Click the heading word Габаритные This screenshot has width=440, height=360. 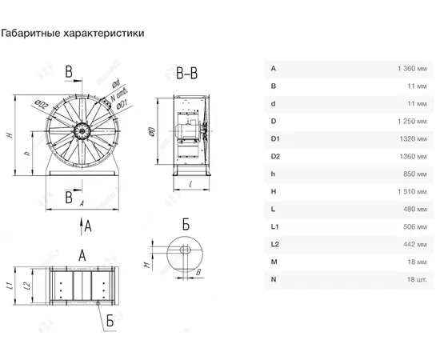point(30,33)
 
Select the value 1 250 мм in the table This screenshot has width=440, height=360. point(412,122)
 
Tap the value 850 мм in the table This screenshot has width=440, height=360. point(415,174)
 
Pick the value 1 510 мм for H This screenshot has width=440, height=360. point(412,192)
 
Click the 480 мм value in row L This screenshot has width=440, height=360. point(415,209)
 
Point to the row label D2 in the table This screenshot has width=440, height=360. point(275,156)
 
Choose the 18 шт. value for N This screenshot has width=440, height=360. point(417,279)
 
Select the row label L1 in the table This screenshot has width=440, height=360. point(274,226)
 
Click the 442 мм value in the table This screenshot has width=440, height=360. point(415,244)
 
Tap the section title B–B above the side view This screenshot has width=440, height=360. point(187,74)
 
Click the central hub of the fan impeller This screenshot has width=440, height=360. point(82,130)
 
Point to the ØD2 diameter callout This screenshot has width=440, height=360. point(42,105)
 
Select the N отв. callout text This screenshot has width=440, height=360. point(119,94)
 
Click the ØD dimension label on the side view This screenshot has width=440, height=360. point(152,131)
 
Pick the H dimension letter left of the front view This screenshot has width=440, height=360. point(10,135)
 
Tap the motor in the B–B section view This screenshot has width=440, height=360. point(187,130)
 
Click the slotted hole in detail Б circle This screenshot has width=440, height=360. point(185,250)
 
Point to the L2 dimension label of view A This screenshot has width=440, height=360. point(27,286)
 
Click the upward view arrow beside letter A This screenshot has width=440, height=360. point(82,226)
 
